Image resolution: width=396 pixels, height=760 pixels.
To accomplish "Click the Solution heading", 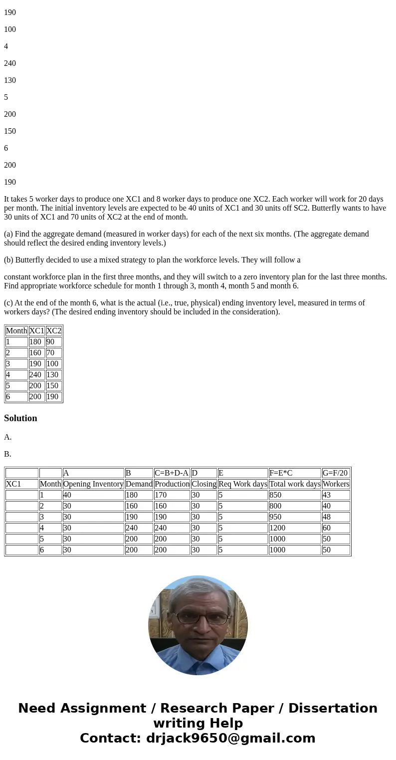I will coord(20,418).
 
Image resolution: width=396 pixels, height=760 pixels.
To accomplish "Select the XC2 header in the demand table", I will coord(53,330).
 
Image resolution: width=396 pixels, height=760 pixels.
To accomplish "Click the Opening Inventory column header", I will coord(93,484).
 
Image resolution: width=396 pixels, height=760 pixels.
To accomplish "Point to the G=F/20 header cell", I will coord(336,473).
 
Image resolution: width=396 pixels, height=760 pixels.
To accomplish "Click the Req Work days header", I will coord(242,484).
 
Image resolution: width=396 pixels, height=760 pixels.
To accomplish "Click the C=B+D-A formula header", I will coord(172,473).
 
